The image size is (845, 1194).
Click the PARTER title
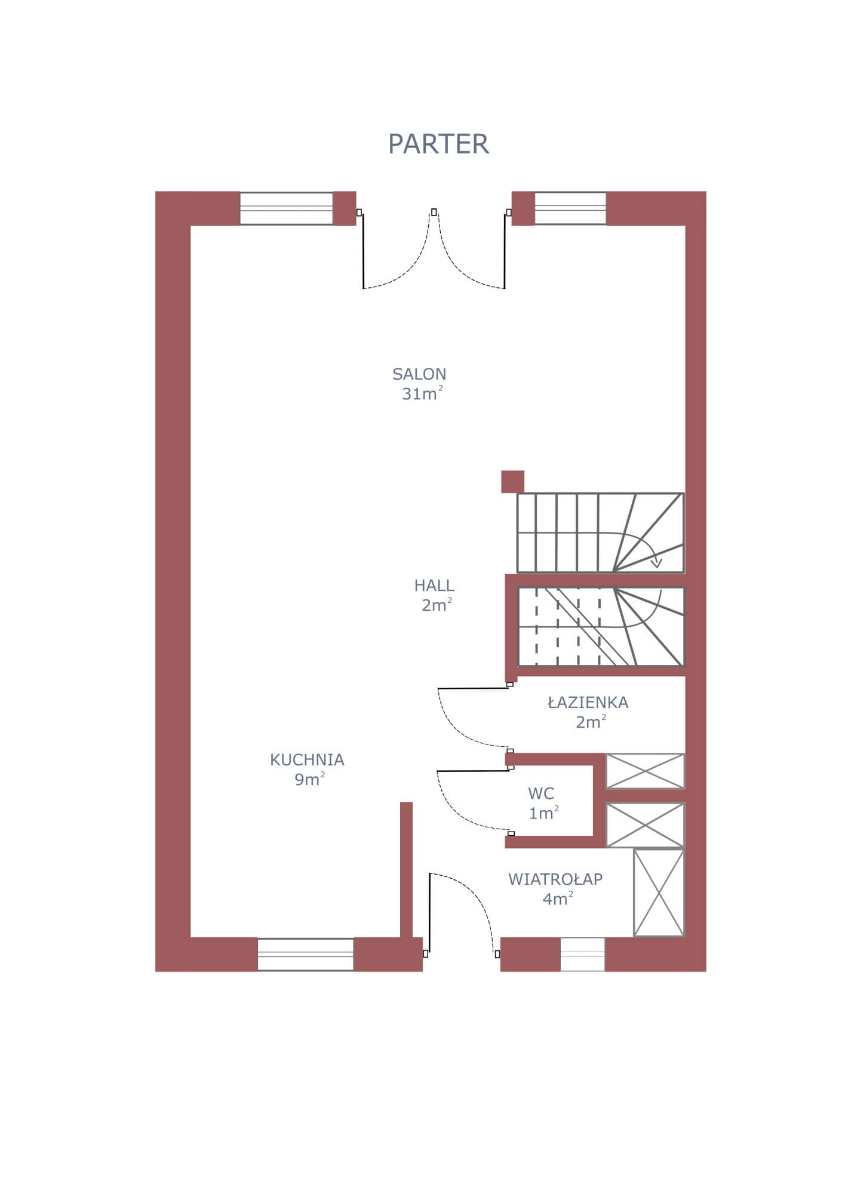[x=438, y=144]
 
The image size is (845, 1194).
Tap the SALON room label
[x=419, y=374]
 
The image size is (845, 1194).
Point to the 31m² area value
[x=423, y=393]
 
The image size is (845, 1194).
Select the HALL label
[x=434, y=585]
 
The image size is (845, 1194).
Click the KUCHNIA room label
[x=307, y=760]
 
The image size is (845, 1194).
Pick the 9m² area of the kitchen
[x=309, y=779]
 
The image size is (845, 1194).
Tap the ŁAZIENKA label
[x=588, y=702]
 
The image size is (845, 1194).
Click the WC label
[x=541, y=793]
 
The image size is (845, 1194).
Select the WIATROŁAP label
[x=555, y=879]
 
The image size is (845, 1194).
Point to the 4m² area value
[x=558, y=898]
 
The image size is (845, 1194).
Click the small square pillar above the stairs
[x=512, y=482]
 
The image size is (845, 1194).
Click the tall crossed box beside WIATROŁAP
[x=659, y=893]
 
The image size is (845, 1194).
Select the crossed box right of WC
[x=645, y=825]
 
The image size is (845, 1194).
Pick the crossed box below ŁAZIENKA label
[x=645, y=771]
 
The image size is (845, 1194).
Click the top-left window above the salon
[x=286, y=208]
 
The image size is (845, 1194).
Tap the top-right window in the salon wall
[x=570, y=208]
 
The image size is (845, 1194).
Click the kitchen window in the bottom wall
[x=305, y=954]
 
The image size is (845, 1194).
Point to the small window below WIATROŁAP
[x=582, y=954]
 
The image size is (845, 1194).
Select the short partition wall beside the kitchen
[x=406, y=870]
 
